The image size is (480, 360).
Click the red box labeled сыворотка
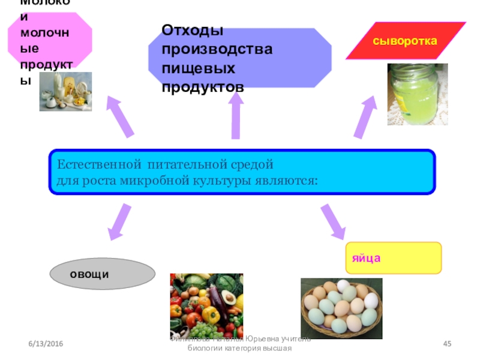coord(406,41)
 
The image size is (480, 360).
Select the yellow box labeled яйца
coord(393,258)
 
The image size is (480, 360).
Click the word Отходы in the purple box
coord(193,31)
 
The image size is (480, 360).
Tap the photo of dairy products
coord(65,91)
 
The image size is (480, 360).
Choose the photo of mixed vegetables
coord(206,305)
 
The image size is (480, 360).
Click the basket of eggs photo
coord(341,308)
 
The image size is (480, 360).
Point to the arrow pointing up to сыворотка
coord(365,118)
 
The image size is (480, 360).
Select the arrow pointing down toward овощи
coord(119,221)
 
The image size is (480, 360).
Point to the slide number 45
coord(446,343)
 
